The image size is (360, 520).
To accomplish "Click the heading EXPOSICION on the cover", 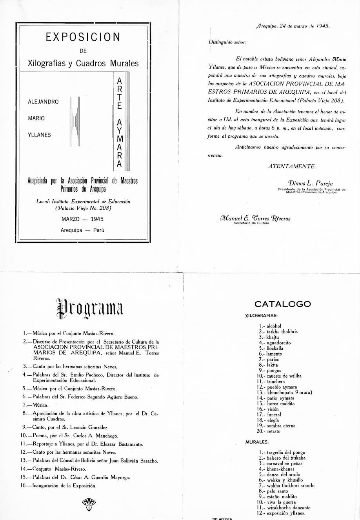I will pyautogui.click(x=83, y=37).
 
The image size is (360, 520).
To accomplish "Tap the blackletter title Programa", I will pyautogui.click(x=90, y=308).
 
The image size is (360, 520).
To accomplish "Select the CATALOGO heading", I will pyautogui.click(x=282, y=304).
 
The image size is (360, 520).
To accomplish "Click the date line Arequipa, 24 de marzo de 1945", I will pyautogui.click(x=293, y=26).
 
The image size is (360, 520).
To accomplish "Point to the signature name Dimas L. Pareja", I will pyautogui.click(x=310, y=183).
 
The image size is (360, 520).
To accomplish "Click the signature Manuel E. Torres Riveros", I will pyautogui.click(x=255, y=218).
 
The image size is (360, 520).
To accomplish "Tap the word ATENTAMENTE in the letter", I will pyautogui.click(x=291, y=166).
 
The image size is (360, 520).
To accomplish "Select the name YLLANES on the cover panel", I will pyautogui.click(x=39, y=135).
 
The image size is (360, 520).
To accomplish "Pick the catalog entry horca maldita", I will pyautogui.click(x=281, y=404).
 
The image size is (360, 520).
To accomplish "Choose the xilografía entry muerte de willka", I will pyautogui.click(x=284, y=376).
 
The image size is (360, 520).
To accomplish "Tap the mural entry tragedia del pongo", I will pyautogui.click(x=286, y=452).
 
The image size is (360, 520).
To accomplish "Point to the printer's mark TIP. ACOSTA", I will pyautogui.click(x=222, y=518).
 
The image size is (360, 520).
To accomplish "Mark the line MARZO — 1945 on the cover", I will pyautogui.click(x=83, y=219).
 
